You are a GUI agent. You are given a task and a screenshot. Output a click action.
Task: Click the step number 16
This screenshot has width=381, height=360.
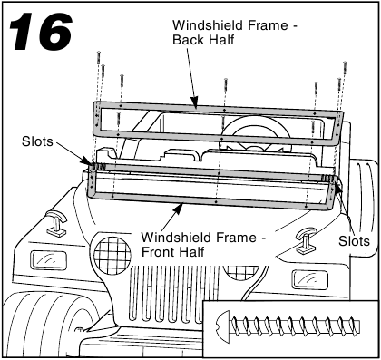pos(41,31)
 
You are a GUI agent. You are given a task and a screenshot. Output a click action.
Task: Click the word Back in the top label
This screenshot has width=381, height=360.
pos(186,40)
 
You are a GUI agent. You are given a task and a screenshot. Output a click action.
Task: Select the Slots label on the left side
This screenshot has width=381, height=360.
pos(37,141)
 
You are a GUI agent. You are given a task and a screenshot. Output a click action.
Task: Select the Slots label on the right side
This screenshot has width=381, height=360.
pos(354,241)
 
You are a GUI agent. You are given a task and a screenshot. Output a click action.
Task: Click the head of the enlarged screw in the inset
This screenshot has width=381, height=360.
pos(223,327)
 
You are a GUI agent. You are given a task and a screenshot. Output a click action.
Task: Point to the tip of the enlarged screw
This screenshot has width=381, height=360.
pos(358,326)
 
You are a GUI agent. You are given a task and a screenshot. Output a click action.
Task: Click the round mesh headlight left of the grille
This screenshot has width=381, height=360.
pos(112,256)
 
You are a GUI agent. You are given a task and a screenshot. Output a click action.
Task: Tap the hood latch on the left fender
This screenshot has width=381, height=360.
pos(56,224)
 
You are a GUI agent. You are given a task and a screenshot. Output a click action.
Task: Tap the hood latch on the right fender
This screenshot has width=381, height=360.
pos(306,240)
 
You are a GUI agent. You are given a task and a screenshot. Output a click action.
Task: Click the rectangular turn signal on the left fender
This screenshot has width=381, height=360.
pos(48,260)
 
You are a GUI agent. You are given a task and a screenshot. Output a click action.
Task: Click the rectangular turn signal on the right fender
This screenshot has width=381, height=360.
pos(309,279)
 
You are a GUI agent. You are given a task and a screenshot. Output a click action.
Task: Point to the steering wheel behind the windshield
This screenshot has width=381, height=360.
pos(256,133)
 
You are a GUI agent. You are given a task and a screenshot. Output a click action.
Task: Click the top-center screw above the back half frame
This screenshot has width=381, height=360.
pos(226,87)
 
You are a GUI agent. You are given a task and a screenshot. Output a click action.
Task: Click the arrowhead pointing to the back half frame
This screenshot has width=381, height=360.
pos(194,102)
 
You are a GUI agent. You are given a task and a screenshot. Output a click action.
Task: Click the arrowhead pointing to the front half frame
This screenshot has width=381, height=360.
pos(179,209)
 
